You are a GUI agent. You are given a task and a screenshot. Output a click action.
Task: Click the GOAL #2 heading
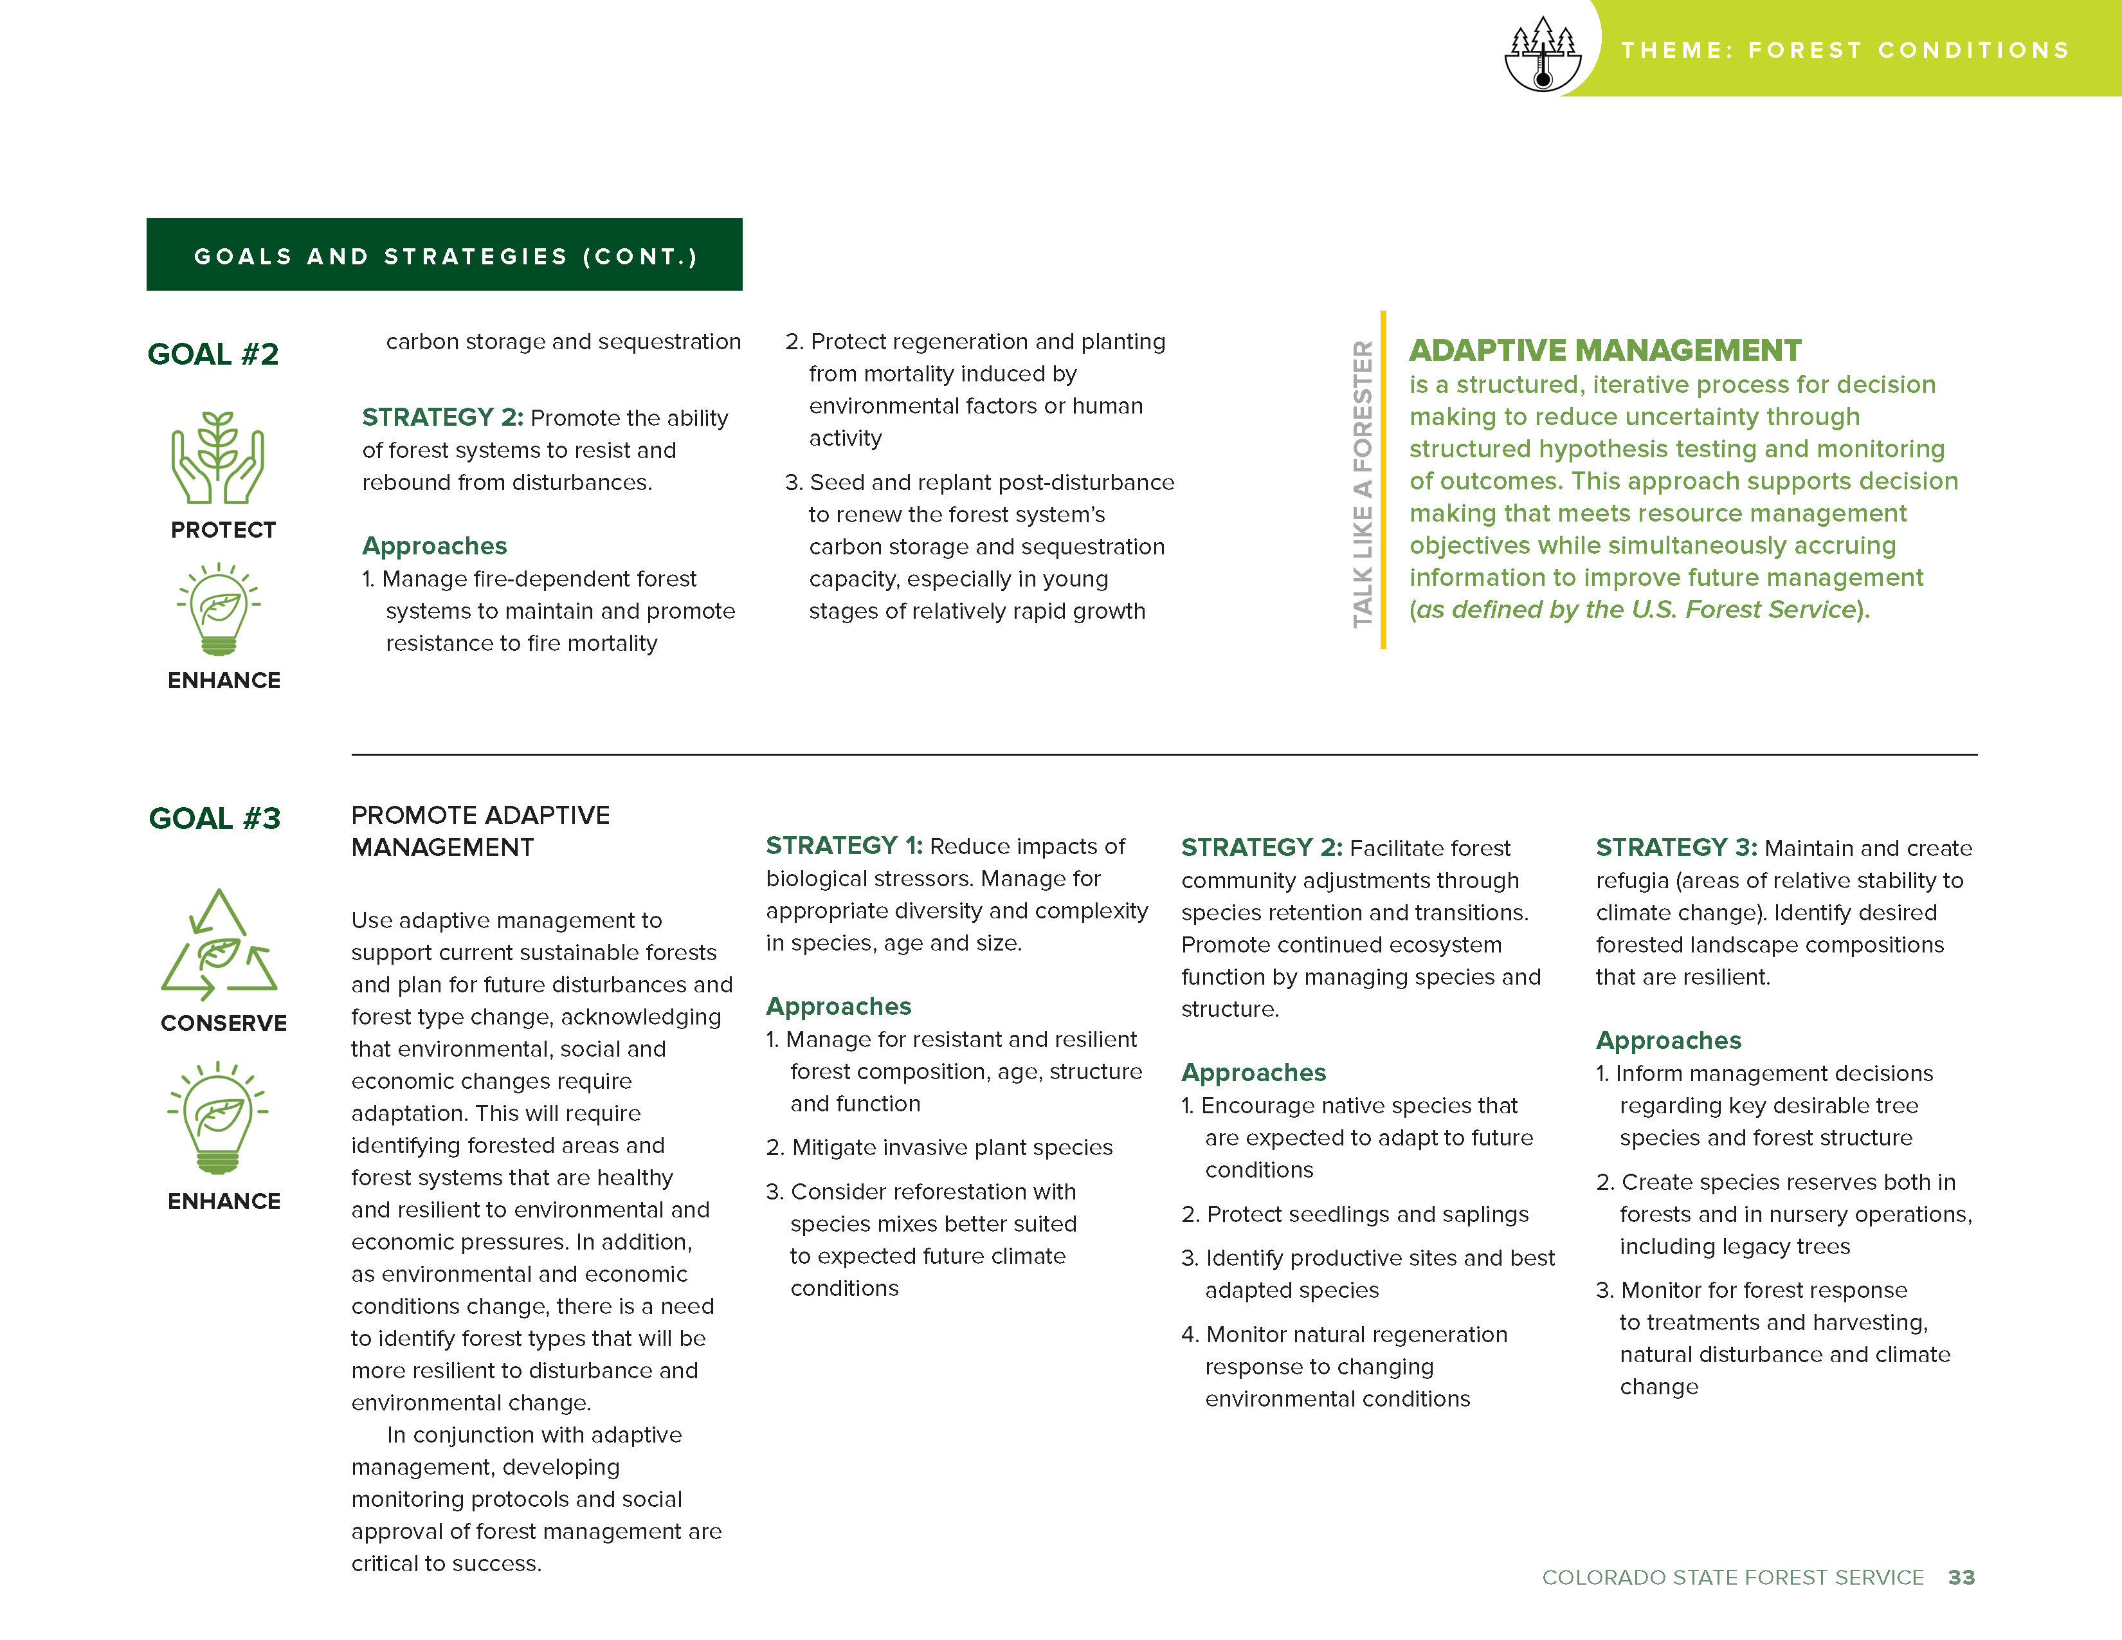213,354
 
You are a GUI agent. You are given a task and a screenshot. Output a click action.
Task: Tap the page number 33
1961,1577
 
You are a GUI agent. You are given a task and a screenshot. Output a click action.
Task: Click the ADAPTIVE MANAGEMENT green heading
1605,350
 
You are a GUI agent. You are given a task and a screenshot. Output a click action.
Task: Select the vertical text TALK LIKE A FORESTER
1362,483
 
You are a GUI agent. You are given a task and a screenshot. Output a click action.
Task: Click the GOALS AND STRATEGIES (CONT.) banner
444,255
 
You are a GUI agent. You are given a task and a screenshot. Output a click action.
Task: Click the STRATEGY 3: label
1676,847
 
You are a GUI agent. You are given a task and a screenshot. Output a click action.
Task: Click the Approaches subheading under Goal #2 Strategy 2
434,546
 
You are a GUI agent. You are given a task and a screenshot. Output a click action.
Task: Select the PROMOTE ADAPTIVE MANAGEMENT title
480,831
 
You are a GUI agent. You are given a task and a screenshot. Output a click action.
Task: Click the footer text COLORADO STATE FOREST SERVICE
1732,1577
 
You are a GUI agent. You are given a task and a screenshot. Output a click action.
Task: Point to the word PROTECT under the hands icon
224,529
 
